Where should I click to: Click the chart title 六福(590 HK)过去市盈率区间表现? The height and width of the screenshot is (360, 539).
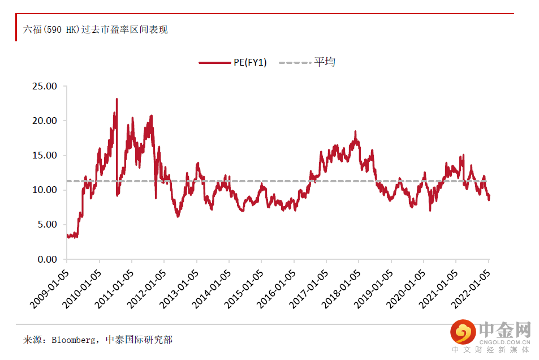tap(95, 29)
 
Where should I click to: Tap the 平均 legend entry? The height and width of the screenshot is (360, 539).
tap(324, 62)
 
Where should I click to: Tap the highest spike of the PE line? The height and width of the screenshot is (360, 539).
tap(117, 100)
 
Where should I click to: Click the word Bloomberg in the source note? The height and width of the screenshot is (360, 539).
tap(74, 340)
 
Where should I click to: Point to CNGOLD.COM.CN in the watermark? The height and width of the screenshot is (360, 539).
tap(504, 342)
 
